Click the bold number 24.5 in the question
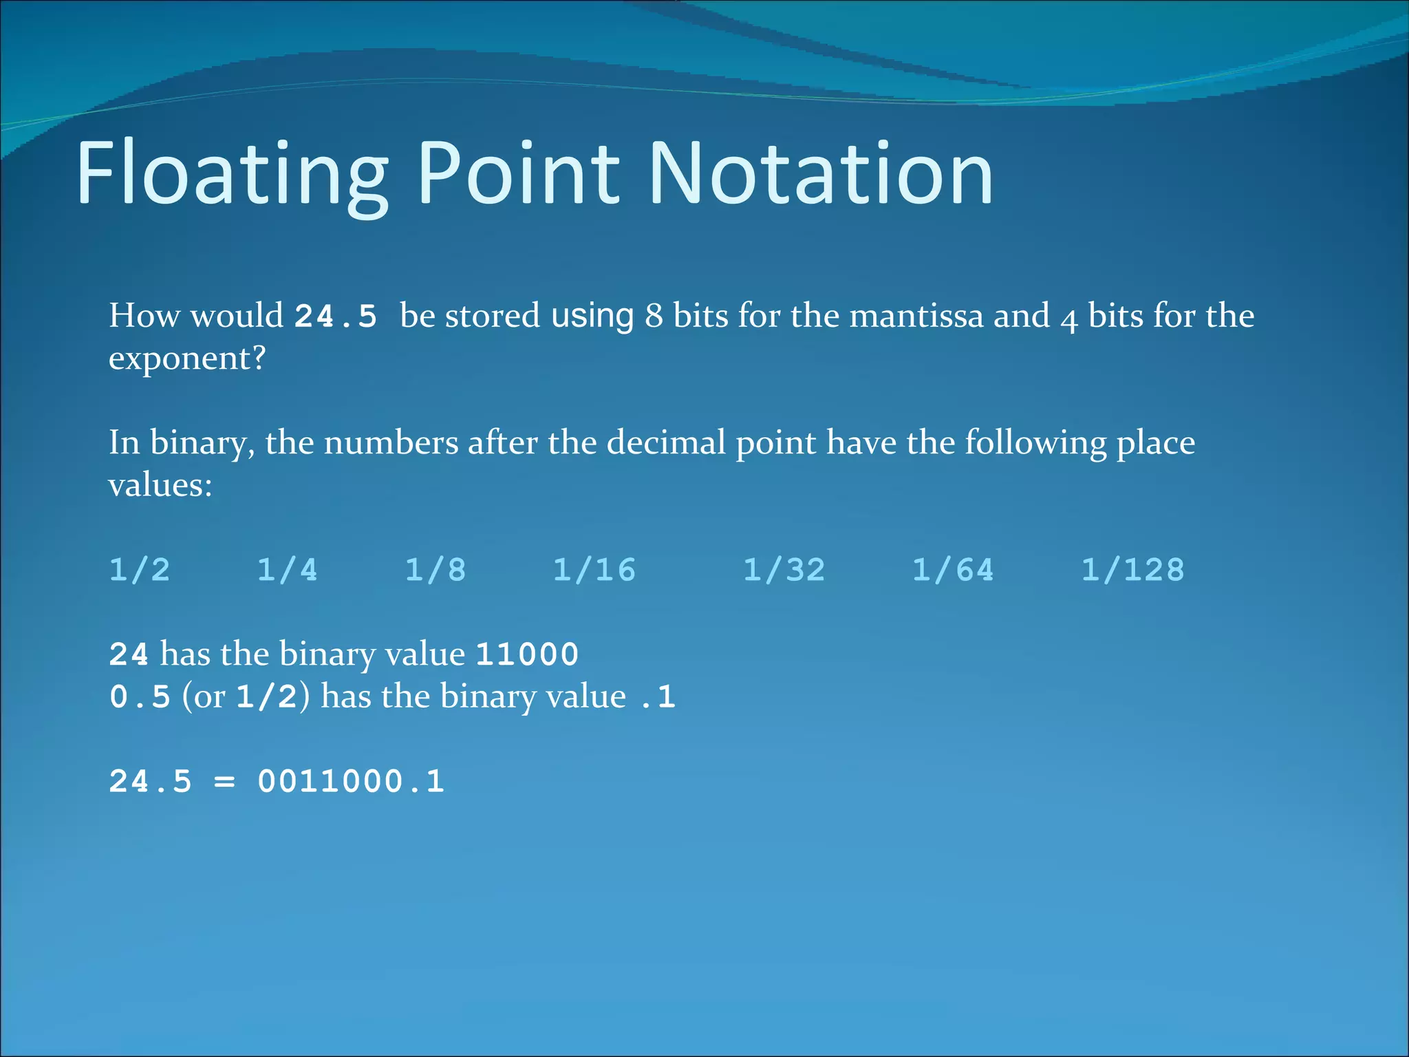[x=336, y=317]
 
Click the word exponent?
[x=187, y=359]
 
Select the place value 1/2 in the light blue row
[x=140, y=570]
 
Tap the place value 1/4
[x=288, y=570]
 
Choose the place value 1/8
[x=435, y=570]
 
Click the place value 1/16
[x=594, y=570]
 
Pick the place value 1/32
[x=784, y=570]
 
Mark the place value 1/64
[x=954, y=570]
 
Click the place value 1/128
[x=1133, y=570]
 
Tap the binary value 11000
[x=527, y=654]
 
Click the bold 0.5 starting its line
[x=140, y=697]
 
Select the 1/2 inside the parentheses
[x=267, y=697]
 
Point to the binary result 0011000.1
[x=351, y=782]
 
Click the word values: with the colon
[x=160, y=486]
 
